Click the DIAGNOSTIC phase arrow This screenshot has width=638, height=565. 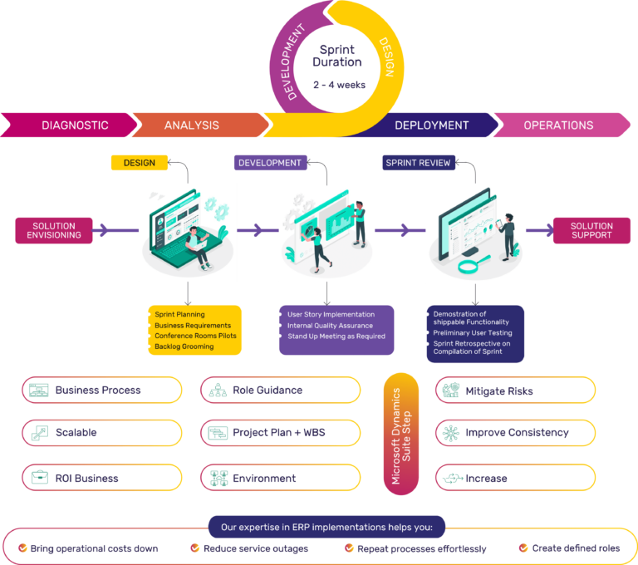pyautogui.click(x=75, y=125)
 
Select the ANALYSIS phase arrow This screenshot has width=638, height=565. pyautogui.click(x=192, y=125)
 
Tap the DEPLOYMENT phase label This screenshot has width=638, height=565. pyautogui.click(x=431, y=125)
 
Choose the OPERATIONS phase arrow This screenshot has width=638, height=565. pyautogui.click(x=558, y=125)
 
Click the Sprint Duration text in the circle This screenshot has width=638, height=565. pyautogui.click(x=337, y=56)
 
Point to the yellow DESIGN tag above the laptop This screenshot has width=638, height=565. pyautogui.click(x=139, y=163)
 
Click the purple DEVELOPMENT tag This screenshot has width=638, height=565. pyautogui.click(x=269, y=163)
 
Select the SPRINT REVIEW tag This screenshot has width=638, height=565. pyautogui.click(x=418, y=163)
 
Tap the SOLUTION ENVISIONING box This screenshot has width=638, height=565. pyautogui.click(x=54, y=230)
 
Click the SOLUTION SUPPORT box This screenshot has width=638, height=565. pyautogui.click(x=591, y=230)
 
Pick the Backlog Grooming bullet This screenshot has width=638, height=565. pyautogui.click(x=184, y=346)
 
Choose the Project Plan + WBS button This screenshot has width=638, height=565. pyautogui.click(x=281, y=433)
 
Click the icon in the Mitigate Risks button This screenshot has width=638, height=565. pyautogui.click(x=451, y=390)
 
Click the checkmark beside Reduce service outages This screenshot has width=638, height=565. pyautogui.click(x=194, y=548)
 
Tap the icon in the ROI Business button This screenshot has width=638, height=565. pyautogui.click(x=39, y=478)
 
